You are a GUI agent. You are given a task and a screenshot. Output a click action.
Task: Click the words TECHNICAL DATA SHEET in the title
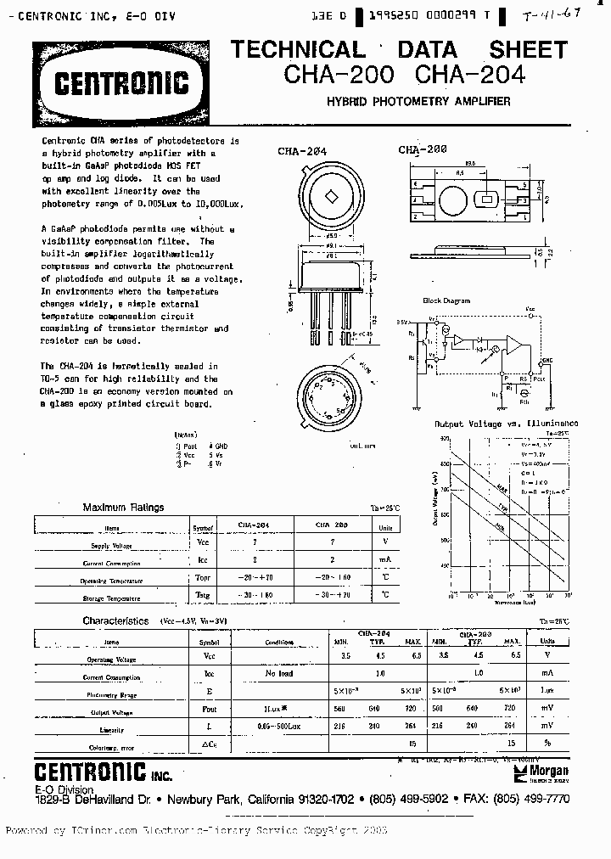point(398,49)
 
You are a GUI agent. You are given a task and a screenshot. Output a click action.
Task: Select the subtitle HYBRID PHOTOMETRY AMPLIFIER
point(418,102)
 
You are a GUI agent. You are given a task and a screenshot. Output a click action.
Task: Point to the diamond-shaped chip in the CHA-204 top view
point(332,196)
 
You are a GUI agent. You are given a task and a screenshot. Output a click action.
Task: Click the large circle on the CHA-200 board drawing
point(452,201)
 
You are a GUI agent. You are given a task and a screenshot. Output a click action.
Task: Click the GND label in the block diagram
point(550,361)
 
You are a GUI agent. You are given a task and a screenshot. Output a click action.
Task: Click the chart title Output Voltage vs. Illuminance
point(506,423)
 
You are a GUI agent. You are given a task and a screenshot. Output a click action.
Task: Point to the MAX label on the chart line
point(502,489)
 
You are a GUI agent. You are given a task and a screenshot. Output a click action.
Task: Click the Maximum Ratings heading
point(123,508)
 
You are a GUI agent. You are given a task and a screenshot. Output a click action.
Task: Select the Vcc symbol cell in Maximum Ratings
point(203,542)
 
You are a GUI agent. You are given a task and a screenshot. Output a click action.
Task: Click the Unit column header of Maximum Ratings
point(386,526)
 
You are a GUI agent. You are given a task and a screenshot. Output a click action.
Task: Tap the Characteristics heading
point(115,621)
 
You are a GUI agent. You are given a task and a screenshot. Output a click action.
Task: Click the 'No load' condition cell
point(277,673)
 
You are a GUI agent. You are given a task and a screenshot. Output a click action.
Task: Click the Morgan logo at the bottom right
point(547,771)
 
